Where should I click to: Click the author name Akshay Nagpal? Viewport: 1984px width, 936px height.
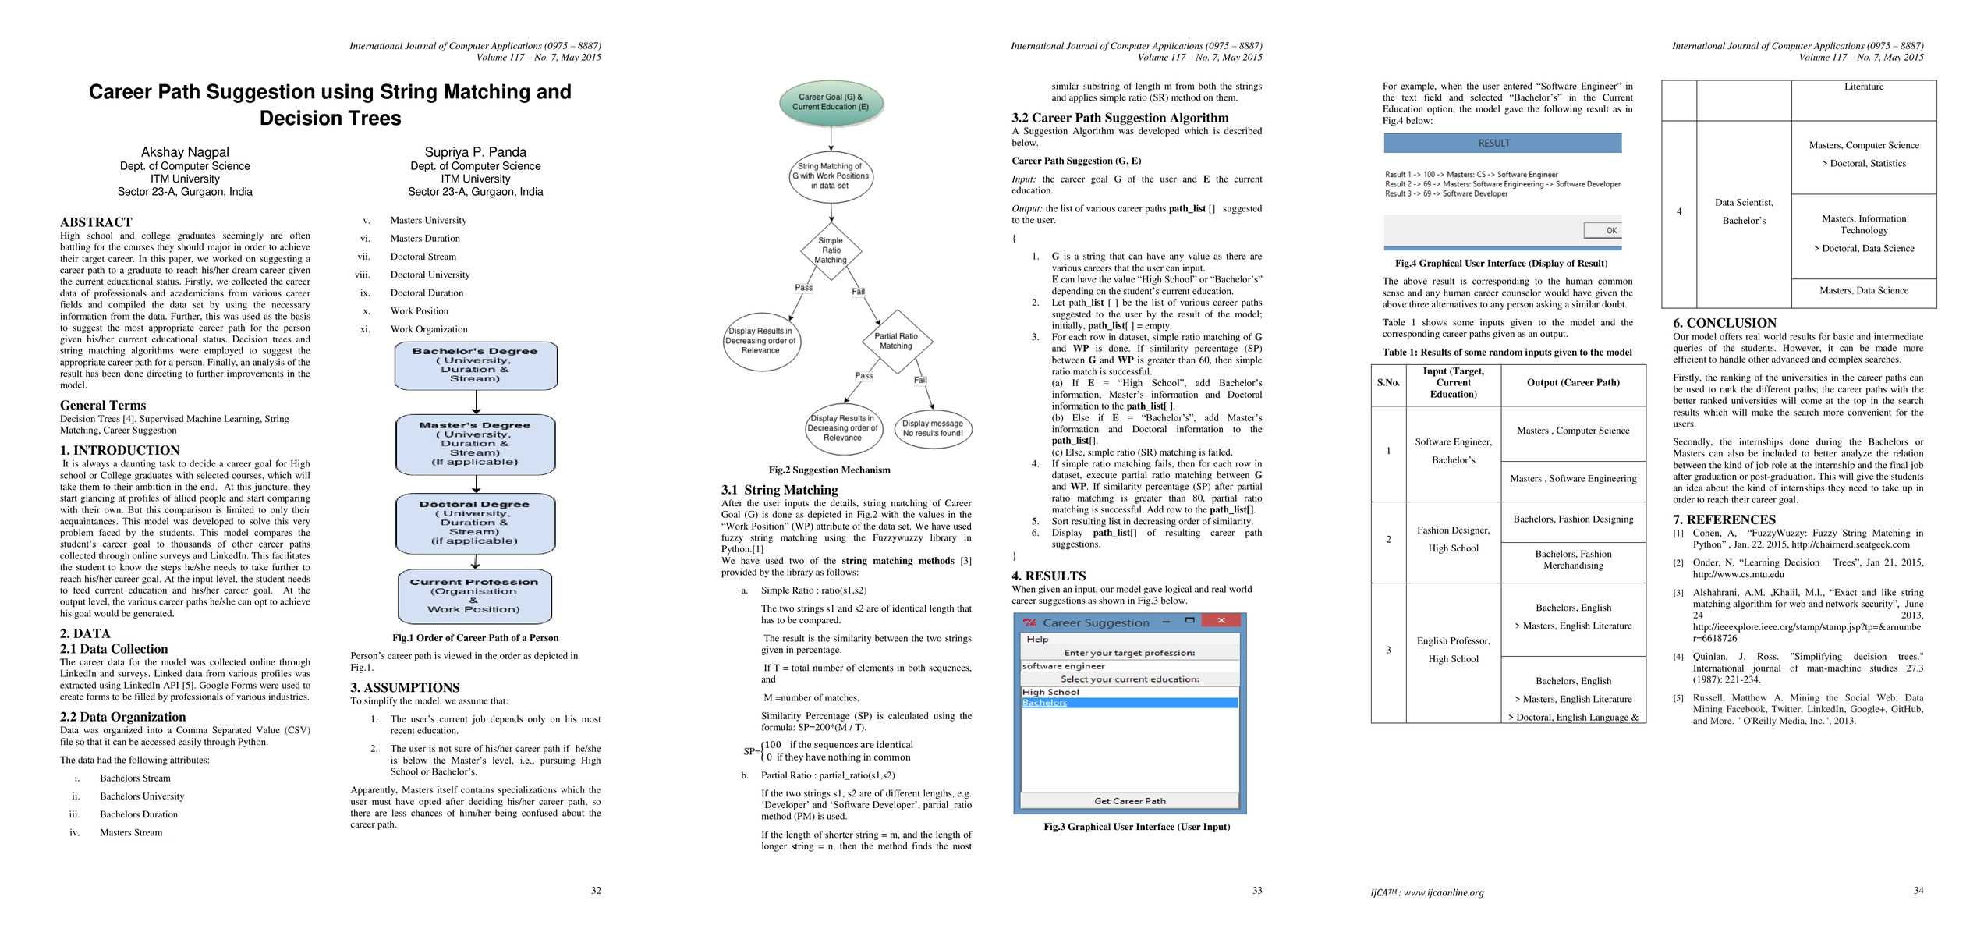[x=185, y=152]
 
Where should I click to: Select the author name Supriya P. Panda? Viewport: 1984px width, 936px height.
[x=475, y=152]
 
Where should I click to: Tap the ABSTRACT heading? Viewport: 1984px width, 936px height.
[x=96, y=222]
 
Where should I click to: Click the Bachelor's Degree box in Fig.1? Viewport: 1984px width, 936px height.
[x=476, y=365]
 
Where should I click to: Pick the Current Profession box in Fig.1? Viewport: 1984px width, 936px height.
[x=474, y=596]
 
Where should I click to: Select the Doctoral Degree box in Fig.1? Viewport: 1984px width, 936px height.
[x=475, y=523]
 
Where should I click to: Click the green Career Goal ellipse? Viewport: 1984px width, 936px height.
[x=831, y=103]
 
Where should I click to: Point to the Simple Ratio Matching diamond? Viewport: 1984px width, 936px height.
[x=831, y=250]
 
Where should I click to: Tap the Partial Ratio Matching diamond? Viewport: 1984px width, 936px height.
[x=896, y=341]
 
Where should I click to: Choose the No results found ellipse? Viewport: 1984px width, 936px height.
[x=933, y=428]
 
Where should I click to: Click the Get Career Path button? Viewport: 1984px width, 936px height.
[x=1129, y=801]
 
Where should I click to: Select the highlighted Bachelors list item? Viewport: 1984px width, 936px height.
[x=1129, y=703]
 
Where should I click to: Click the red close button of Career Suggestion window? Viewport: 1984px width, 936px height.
[x=1221, y=621]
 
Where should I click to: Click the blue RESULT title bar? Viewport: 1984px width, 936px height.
[x=1502, y=143]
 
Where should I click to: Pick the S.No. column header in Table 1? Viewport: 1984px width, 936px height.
[x=1388, y=383]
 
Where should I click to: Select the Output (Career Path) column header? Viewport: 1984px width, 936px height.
[x=1573, y=383]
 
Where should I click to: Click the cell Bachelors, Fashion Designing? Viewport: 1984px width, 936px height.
[x=1573, y=519]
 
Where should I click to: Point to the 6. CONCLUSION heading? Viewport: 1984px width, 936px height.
[x=1724, y=323]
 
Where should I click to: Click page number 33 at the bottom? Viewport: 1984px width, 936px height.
[x=1256, y=890]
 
